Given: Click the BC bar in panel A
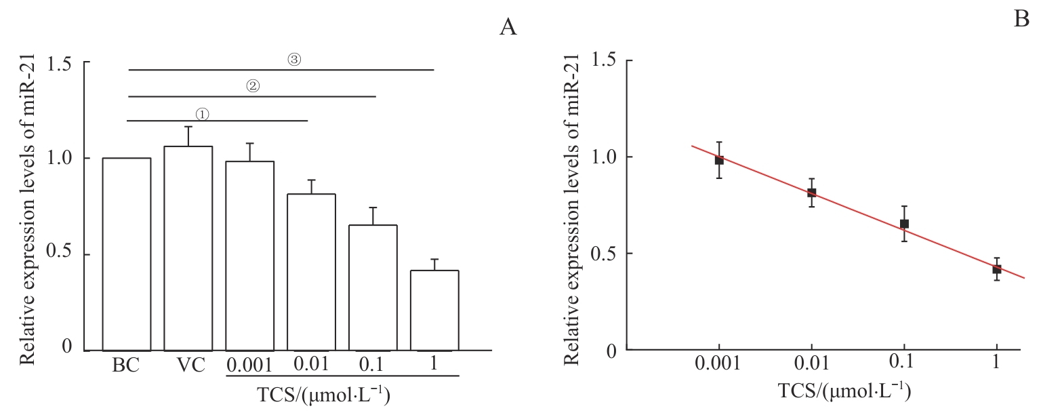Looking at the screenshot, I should pos(127,254).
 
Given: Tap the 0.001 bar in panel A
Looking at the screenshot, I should pos(250,256).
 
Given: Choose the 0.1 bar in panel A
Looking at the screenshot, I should pos(373,287).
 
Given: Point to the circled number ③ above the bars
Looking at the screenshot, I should pos(293,60).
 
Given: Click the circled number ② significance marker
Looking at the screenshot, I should pos(252,87).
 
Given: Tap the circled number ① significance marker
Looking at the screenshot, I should pos(203,114).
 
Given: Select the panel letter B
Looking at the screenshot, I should pos(1021,21).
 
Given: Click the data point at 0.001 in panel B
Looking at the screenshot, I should pos(719,160).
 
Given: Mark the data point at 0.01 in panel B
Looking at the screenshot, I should pos(811,193).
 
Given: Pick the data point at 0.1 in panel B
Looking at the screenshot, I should pos(904,224).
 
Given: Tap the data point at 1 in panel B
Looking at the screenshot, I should pos(996,269).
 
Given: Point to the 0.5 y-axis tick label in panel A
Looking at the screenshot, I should pos(58,255).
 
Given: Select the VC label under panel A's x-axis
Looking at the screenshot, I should pos(188,366).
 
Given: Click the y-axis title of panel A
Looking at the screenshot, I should pos(26,206).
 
